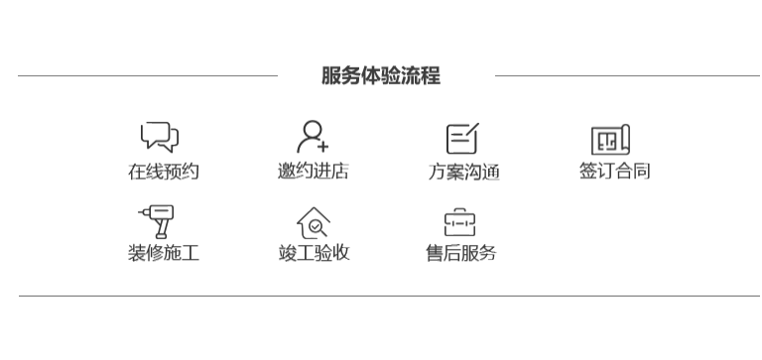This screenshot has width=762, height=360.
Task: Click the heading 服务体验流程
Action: tap(381, 75)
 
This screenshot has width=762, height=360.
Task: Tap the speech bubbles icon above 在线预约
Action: tap(160, 137)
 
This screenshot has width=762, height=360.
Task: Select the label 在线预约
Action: tap(164, 172)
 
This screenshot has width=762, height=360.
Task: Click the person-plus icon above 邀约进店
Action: tap(313, 137)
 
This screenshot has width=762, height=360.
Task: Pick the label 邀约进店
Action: tap(313, 171)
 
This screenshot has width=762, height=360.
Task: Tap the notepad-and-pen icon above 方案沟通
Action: tap(462, 139)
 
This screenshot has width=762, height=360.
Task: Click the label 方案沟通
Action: tap(463, 172)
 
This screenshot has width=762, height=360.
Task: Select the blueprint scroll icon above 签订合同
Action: tap(610, 140)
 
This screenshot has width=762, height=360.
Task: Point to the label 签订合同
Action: tap(615, 171)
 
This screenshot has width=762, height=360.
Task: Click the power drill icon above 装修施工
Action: tap(157, 221)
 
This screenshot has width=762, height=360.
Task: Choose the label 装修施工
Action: tap(164, 253)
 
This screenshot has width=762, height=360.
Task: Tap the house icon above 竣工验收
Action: tap(314, 223)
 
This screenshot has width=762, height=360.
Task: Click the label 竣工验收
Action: tap(314, 253)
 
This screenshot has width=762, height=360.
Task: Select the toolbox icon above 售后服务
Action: tap(459, 222)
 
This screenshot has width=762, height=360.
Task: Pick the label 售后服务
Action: tap(461, 253)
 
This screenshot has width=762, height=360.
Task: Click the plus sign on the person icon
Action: tap(322, 146)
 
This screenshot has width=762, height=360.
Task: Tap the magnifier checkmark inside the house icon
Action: tap(317, 227)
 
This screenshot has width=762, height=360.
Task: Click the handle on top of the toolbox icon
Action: tap(459, 211)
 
